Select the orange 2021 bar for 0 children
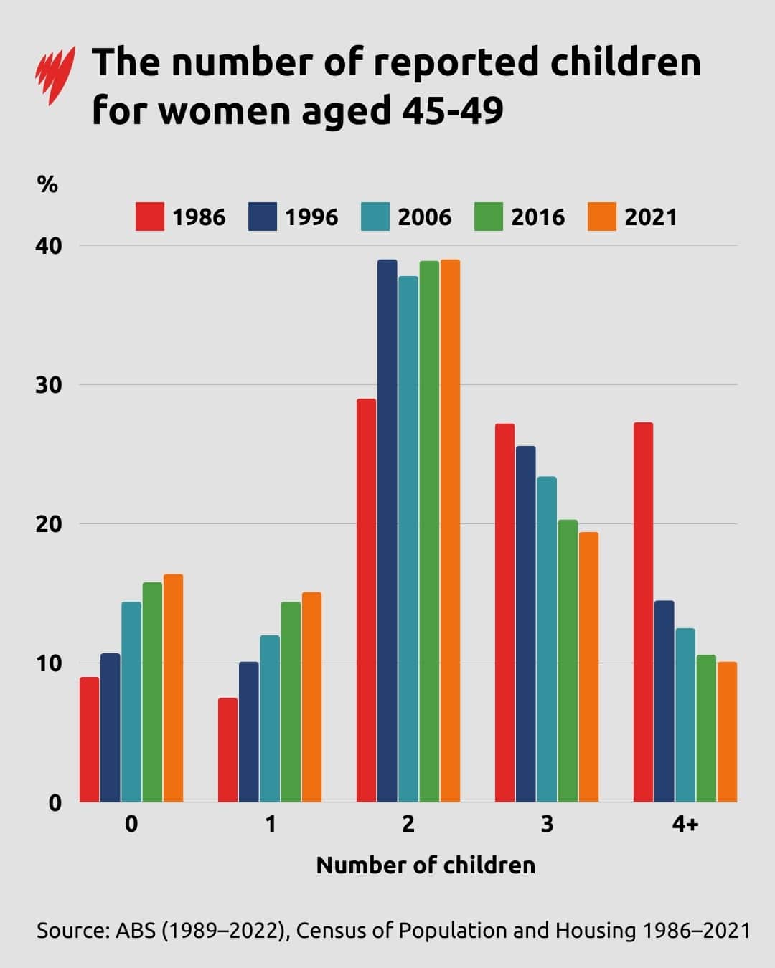(173, 688)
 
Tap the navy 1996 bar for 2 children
(387, 531)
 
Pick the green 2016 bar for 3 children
(568, 660)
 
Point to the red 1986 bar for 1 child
(227, 749)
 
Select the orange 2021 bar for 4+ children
(727, 731)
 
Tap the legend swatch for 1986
(149, 217)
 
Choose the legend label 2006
(425, 217)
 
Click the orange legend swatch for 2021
(601, 217)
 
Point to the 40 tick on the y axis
(49, 246)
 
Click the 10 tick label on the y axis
(49, 663)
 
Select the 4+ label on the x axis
(685, 825)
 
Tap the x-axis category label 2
(408, 825)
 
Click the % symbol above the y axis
(47, 185)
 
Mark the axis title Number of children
(426, 865)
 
